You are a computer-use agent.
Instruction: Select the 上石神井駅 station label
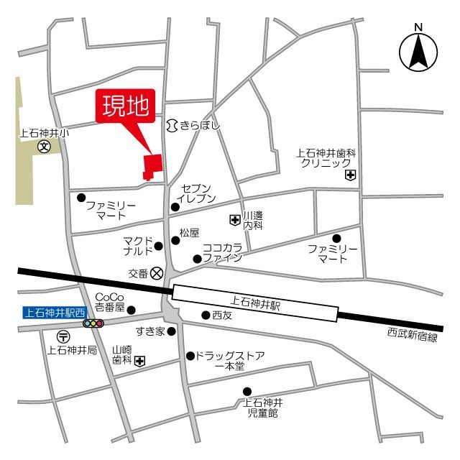click(x=256, y=305)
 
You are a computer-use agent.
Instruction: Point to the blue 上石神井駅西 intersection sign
click(x=54, y=311)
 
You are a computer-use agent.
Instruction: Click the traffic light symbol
click(x=93, y=324)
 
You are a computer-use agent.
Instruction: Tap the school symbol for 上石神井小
click(x=44, y=147)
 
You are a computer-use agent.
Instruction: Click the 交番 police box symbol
click(x=157, y=273)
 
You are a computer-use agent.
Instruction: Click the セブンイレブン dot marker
click(x=175, y=207)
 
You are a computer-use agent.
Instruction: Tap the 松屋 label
click(x=189, y=233)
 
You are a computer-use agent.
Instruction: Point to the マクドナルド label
click(x=137, y=245)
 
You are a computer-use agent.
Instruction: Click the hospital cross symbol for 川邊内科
click(x=234, y=220)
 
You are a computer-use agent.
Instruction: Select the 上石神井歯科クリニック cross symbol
click(x=350, y=175)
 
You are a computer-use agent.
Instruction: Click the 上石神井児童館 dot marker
click(x=247, y=392)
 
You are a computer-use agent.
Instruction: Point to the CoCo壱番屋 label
click(x=110, y=302)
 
